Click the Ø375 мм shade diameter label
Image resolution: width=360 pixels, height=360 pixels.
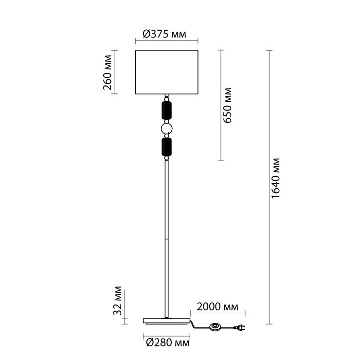click(x=164, y=34)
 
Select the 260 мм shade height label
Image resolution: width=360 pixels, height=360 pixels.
click(x=108, y=72)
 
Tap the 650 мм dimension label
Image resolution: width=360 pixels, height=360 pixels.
click(x=228, y=106)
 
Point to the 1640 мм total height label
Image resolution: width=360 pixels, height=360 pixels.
click(x=275, y=179)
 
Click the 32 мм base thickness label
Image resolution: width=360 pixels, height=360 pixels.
click(x=118, y=301)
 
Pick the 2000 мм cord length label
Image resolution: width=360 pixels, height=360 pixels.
click(x=217, y=306)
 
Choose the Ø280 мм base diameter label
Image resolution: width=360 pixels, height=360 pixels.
click(x=168, y=343)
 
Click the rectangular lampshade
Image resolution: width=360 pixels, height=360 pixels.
click(x=167, y=72)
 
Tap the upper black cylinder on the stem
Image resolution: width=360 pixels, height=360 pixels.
click(x=167, y=110)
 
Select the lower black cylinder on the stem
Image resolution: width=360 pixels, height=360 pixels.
click(x=167, y=147)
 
